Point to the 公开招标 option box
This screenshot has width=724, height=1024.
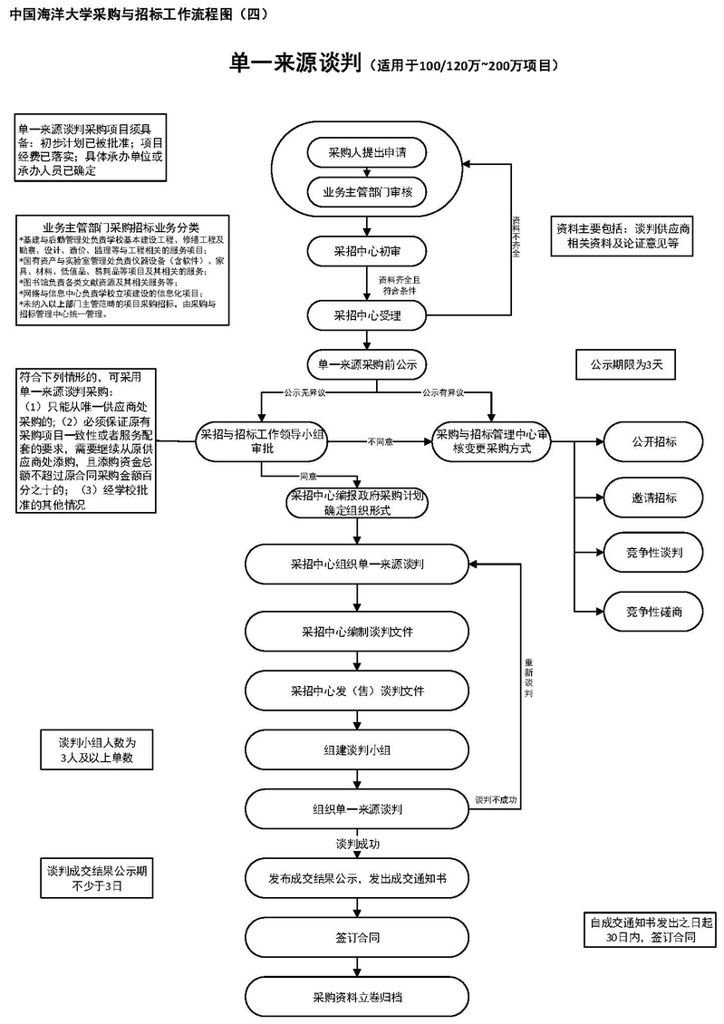click(654, 441)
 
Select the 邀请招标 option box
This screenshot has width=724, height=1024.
click(654, 498)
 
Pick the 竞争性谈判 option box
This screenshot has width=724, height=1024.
click(654, 552)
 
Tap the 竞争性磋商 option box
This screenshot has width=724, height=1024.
click(654, 612)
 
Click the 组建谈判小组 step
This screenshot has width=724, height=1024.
click(357, 749)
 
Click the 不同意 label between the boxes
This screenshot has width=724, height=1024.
click(380, 442)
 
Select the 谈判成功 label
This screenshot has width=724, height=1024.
click(357, 844)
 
